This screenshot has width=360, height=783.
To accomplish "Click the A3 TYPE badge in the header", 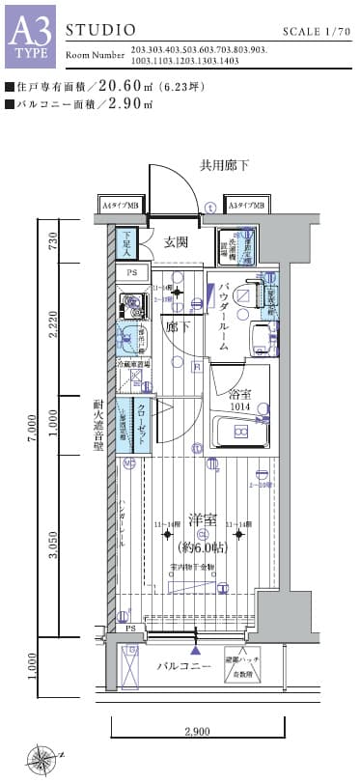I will coord(31,36).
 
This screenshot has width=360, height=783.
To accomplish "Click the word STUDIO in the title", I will coord(95,32).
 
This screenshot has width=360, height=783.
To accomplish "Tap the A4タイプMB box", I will coord(124,206).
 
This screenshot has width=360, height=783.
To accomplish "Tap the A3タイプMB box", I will coord(248,206).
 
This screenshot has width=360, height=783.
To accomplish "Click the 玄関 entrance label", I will coord(175,242).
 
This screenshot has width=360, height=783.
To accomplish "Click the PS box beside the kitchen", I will coord(132,274).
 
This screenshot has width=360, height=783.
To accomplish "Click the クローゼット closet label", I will coord(141,422).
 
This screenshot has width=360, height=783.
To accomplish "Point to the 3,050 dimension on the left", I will coord(54,545).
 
